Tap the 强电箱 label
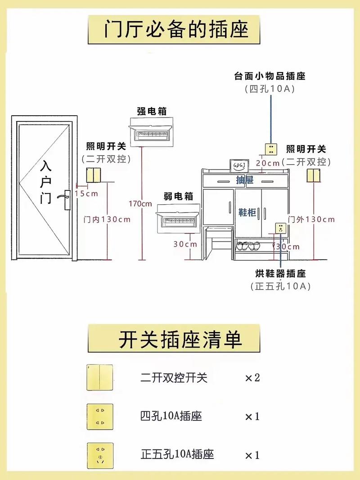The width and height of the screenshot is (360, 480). pyautogui.click(x=155, y=111)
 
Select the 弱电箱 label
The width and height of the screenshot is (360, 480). pyautogui.click(x=178, y=196)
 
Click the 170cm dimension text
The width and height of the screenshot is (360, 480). pyautogui.click(x=140, y=203)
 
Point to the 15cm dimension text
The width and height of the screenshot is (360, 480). pyautogui.click(x=86, y=193)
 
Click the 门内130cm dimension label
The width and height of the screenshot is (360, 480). pyautogui.click(x=107, y=220)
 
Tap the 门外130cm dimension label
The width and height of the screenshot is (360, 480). pyautogui.click(x=311, y=220)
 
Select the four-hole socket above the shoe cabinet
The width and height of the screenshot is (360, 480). pyautogui.click(x=270, y=149)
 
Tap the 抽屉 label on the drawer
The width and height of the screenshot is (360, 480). pyautogui.click(x=245, y=180)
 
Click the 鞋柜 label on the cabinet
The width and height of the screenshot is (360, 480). pyautogui.click(x=247, y=212)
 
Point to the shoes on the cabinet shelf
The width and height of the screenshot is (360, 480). pyautogui.click(x=248, y=246)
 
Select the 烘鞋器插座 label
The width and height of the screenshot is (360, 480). pyautogui.click(x=281, y=274)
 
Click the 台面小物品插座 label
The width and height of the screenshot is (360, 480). pyautogui.click(x=270, y=76)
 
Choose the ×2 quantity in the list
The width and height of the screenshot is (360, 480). pyautogui.click(x=252, y=377)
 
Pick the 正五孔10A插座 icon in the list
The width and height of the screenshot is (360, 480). pyautogui.click(x=99, y=454)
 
